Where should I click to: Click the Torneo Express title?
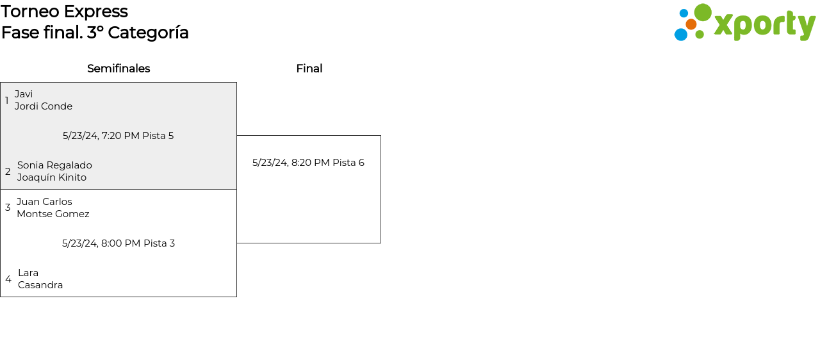click(x=64, y=12)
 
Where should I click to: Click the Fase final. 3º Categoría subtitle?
click(x=95, y=33)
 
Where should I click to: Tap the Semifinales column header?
click(x=119, y=69)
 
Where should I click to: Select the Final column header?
click(x=309, y=69)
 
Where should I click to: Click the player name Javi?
click(x=24, y=94)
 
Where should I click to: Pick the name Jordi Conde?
click(x=44, y=106)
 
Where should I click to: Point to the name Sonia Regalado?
click(x=54, y=165)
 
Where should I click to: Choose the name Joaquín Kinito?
click(x=52, y=177)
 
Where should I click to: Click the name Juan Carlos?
click(x=44, y=202)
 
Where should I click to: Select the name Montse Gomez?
click(x=53, y=214)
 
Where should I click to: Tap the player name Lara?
click(x=28, y=273)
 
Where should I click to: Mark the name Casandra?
click(x=40, y=285)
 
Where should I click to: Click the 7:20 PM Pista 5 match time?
click(x=118, y=136)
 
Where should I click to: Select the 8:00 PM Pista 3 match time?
click(x=119, y=243)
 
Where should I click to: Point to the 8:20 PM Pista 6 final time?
click(x=308, y=163)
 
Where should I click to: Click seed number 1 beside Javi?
click(x=7, y=101)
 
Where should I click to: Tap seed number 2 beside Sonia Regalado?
click(x=8, y=172)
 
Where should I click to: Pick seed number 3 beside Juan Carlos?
click(x=8, y=208)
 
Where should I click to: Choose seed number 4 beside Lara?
click(x=8, y=279)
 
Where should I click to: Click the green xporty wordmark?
click(x=764, y=25)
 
